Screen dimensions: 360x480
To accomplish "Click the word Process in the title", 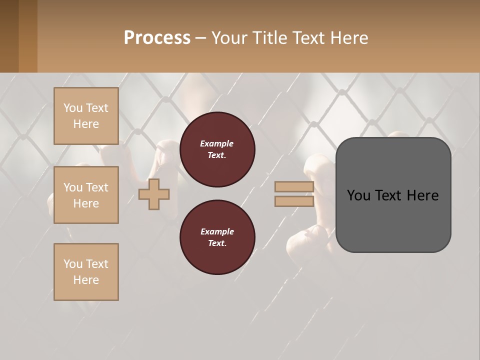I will click(157, 38).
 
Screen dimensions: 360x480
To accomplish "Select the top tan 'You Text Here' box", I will click(86, 116).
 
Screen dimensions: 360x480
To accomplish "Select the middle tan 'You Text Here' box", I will click(86, 195).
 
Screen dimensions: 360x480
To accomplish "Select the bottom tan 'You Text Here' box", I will click(86, 271).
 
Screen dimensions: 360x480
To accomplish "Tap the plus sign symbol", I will click(154, 194).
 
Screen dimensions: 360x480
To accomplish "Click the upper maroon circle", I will click(217, 149).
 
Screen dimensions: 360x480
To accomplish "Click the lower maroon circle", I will click(217, 237).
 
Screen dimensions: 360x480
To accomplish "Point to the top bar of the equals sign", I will click(294, 187).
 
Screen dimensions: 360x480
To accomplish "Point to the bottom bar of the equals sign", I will click(294, 201).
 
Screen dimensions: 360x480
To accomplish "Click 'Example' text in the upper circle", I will click(217, 143).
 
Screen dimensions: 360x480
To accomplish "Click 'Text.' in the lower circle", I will click(217, 243).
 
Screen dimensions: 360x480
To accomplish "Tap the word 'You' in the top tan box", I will click(73, 108).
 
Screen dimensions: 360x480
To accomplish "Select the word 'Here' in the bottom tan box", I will click(86, 280).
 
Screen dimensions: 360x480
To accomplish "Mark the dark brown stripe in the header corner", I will click(9, 36).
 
